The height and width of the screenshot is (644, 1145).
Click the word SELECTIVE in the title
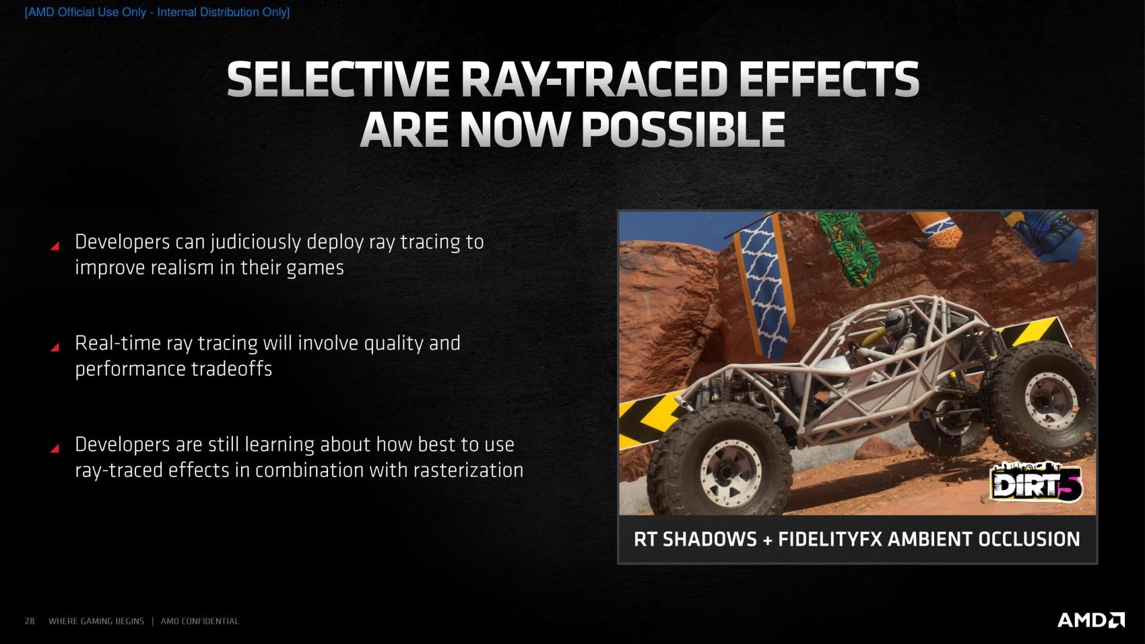[x=338, y=79]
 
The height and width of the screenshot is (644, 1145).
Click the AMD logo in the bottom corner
[x=1091, y=620]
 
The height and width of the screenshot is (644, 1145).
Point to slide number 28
[x=30, y=621]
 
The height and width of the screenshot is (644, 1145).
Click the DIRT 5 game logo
[x=1037, y=482]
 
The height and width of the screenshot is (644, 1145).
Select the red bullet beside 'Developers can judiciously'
[x=55, y=246]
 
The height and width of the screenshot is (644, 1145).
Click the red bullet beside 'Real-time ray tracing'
[x=55, y=347]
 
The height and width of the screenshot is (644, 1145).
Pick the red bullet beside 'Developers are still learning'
[x=55, y=448]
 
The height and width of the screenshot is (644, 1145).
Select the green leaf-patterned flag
[x=849, y=247]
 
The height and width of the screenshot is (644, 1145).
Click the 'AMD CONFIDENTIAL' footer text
[x=199, y=621]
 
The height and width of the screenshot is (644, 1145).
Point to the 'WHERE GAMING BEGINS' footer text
[x=96, y=621]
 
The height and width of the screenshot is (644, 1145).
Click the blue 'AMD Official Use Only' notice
[x=158, y=12]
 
